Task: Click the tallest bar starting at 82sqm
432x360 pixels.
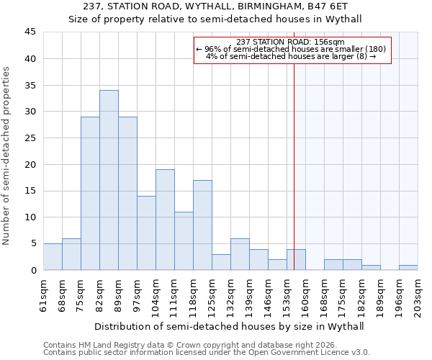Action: [109, 180]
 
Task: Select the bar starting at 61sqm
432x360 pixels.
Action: [53, 257]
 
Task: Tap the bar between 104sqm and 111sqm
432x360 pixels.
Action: [165, 220]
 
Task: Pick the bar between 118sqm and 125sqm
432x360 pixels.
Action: [202, 225]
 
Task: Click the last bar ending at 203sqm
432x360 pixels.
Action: [408, 268]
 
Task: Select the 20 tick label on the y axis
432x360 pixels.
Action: [32, 164]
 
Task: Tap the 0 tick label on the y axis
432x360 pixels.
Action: [34, 270]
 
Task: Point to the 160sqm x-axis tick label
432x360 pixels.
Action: [306, 294]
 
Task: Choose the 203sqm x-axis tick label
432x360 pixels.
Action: [418, 294]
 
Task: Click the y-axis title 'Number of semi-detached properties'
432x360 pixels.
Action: [7, 156]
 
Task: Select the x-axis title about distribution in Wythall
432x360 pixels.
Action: [229, 326]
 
